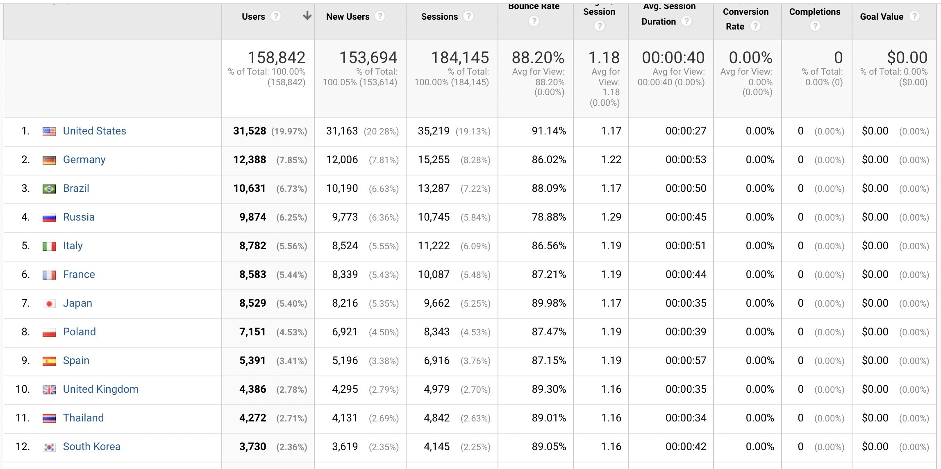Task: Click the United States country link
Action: pos(94,131)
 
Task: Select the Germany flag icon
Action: pos(49,160)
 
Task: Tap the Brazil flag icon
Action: pos(49,189)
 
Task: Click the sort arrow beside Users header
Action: pos(307,16)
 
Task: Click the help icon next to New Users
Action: pos(380,16)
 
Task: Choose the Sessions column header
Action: pos(439,17)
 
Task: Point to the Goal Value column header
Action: pos(882,17)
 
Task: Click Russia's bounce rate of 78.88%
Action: pos(548,217)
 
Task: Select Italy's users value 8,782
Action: pos(252,246)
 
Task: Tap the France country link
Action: pos(79,275)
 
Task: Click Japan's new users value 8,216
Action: pos(345,303)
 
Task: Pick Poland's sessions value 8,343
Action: pos(436,332)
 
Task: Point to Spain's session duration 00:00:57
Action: pos(686,361)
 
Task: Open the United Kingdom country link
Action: pos(100,389)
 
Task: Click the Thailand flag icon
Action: pos(49,418)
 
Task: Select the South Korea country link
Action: pos(91,447)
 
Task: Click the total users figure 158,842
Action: pos(276,58)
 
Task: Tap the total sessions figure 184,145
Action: pos(459,58)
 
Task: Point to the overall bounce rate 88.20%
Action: pos(538,58)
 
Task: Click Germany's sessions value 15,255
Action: pos(434,160)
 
